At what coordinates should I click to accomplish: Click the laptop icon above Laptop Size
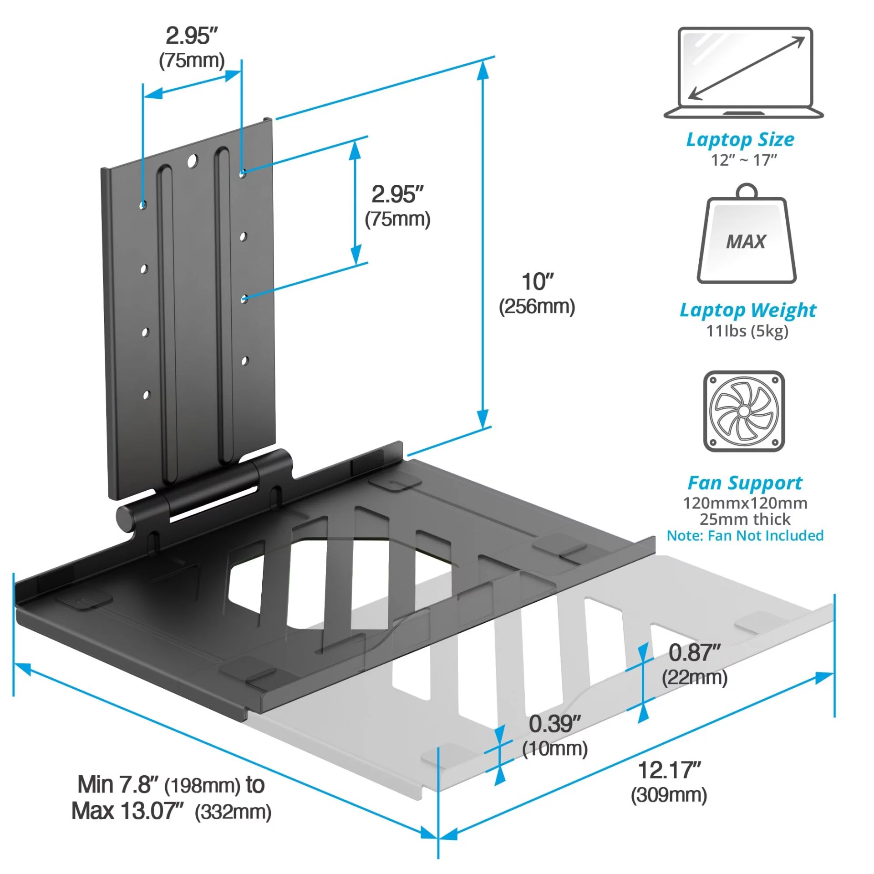tap(744, 73)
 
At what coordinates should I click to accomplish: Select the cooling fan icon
tap(744, 411)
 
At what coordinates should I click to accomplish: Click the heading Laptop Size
tap(740, 139)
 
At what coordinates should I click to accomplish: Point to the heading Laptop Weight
tap(748, 310)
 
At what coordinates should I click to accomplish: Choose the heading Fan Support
tap(745, 483)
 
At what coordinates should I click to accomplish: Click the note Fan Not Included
tap(745, 535)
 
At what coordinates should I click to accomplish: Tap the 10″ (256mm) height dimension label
tap(537, 294)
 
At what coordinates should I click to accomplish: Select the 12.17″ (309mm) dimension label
tap(669, 782)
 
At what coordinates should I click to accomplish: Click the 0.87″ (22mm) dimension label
tap(695, 665)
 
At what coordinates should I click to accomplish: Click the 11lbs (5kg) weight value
tap(747, 331)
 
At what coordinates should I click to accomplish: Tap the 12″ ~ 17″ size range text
tap(744, 160)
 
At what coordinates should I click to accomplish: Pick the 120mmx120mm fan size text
tap(745, 503)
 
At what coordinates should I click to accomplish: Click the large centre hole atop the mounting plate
tap(193, 160)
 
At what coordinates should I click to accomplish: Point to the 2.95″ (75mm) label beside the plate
tap(397, 206)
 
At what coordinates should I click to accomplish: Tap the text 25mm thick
tap(745, 519)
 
